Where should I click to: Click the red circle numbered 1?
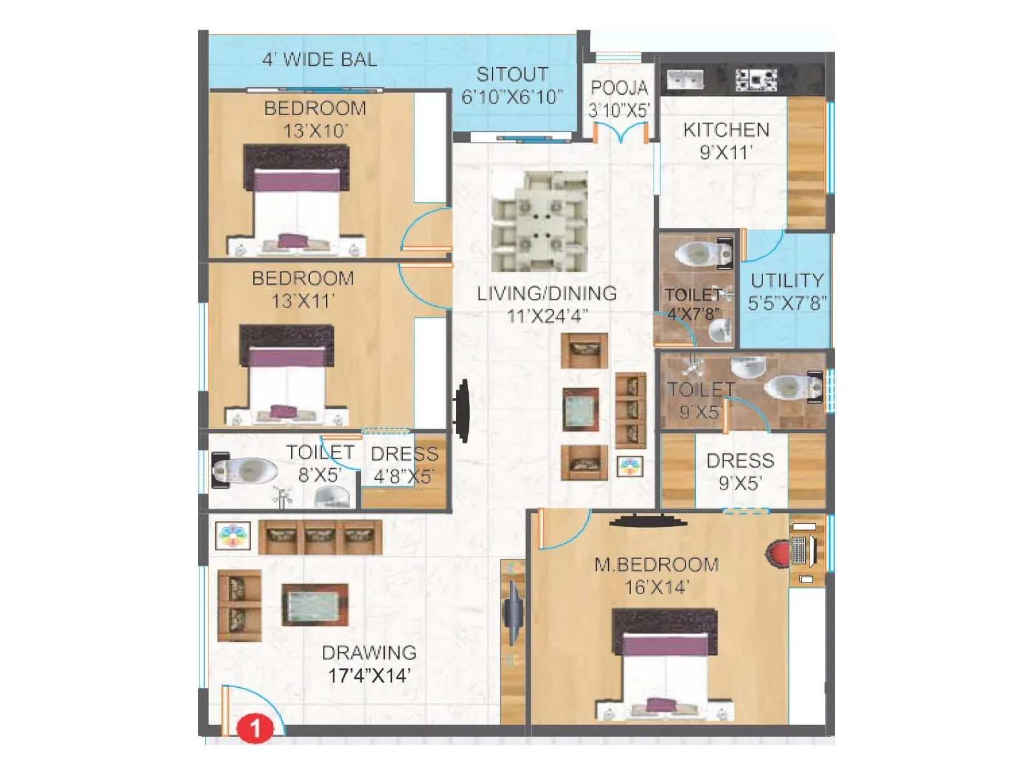pos(254,728)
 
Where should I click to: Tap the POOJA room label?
pos(619,88)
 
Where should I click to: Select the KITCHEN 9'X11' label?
pos(726,141)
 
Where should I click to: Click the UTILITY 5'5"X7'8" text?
pos(787,291)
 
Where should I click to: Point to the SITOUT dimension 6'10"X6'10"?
pos(512,97)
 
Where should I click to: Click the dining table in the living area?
pos(540,221)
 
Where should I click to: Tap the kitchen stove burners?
pos(756,79)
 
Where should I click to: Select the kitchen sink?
pos(684,79)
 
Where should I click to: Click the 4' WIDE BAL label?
pos(320,59)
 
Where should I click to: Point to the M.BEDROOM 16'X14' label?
pos(657,575)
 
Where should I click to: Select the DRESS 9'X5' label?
pos(740,471)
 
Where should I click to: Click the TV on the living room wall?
pos(462,411)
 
